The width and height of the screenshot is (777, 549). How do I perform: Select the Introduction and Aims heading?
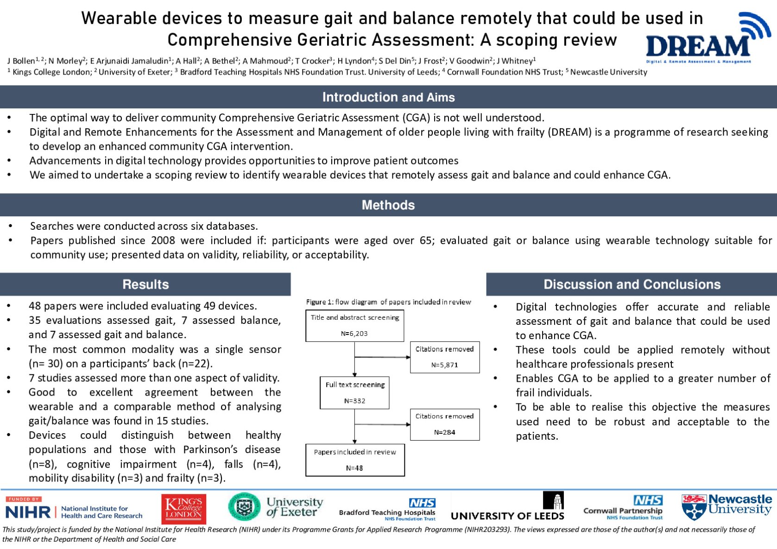[388, 97]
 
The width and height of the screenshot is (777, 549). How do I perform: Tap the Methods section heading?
[388, 205]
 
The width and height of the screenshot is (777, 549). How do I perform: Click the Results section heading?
[145, 284]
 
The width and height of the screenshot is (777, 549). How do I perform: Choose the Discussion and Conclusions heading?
[632, 284]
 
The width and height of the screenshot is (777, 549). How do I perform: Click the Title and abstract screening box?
[355, 326]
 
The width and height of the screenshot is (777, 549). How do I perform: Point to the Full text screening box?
[355, 392]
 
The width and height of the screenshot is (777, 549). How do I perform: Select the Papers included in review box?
[355, 460]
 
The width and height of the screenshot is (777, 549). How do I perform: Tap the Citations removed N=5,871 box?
[445, 357]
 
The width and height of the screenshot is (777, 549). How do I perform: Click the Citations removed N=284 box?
[445, 424]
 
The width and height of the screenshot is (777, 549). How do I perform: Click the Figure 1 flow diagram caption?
[388, 302]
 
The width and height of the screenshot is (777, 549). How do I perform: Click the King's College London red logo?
[184, 509]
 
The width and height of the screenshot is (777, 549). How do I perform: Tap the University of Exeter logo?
[276, 507]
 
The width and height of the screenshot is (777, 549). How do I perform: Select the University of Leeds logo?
[508, 508]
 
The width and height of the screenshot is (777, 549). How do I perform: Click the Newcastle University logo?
[726, 507]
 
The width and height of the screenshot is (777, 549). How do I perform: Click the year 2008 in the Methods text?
[163, 240]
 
